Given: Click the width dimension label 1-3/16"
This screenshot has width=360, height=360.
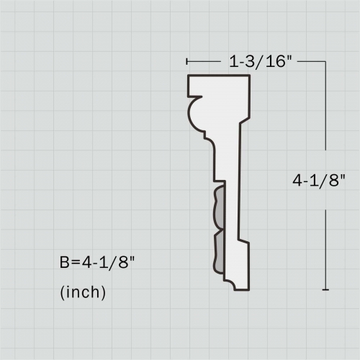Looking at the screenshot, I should [260, 62].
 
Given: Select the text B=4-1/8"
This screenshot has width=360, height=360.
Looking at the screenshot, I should [97, 263].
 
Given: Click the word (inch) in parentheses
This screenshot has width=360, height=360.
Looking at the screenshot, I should [83, 293].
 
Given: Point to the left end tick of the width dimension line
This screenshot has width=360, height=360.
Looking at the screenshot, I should [187, 62].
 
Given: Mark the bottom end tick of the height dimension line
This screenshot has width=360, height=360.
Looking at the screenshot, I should [326, 289].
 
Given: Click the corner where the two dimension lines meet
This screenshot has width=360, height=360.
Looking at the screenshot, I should [326, 62].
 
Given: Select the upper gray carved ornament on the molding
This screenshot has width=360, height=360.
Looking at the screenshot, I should [217, 210].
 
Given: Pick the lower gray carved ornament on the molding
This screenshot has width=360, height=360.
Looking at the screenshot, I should [217, 254].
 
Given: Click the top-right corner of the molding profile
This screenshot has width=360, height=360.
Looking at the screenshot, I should [251, 76].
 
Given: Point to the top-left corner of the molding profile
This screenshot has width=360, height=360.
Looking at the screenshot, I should [188, 76].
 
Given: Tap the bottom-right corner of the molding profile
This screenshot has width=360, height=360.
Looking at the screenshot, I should [249, 289].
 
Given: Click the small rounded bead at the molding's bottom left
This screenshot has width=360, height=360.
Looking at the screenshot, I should [230, 285].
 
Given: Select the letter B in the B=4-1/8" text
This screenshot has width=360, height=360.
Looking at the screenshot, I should [64, 263].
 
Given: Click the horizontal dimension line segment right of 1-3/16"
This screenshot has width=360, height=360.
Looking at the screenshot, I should [310, 62].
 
